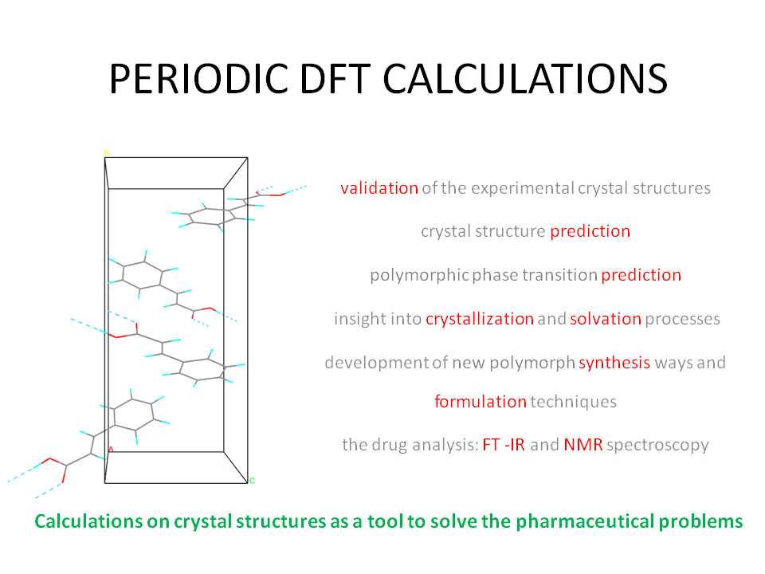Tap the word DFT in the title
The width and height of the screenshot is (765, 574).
(335, 79)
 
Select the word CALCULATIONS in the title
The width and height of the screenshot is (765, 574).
(525, 79)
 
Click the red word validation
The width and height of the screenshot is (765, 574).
(379, 188)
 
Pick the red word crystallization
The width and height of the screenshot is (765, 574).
(480, 319)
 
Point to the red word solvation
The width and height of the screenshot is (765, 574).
(606, 319)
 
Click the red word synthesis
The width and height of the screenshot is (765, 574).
(614, 364)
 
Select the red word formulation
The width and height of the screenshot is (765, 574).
(481, 402)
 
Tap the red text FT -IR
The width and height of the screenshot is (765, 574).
(504, 445)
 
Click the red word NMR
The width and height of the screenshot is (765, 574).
(583, 445)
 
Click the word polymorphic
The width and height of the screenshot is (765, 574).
(419, 276)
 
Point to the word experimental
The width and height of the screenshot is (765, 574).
(523, 189)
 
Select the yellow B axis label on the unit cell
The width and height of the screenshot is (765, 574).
(107, 153)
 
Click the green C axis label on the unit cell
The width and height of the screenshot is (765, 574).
(252, 481)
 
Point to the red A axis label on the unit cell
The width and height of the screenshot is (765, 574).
(111, 449)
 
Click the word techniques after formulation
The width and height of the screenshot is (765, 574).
(573, 402)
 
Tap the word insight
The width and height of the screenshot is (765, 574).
(353, 319)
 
